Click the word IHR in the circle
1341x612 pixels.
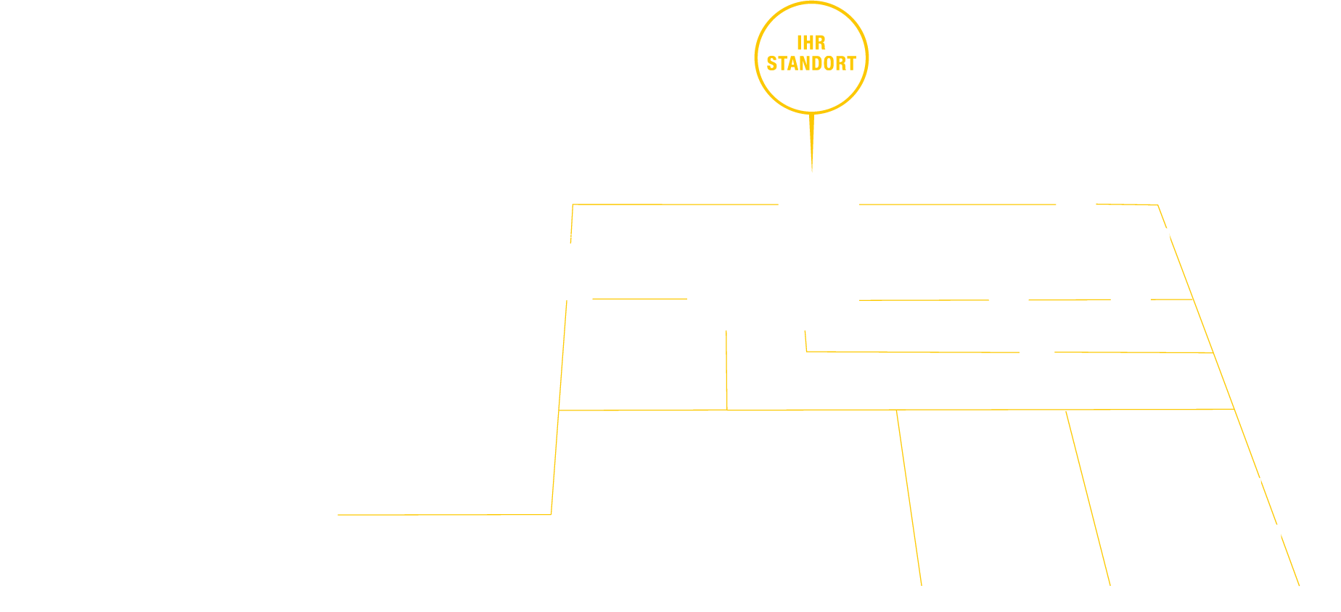pos(811,44)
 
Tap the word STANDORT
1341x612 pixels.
pos(811,64)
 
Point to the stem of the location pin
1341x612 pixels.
pos(811,141)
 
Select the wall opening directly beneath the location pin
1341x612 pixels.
pos(819,204)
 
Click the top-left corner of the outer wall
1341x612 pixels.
pos(573,204)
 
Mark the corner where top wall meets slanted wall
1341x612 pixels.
pos(1157,205)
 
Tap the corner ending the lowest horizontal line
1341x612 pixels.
pos(551,514)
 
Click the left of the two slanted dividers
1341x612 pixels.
pos(909,497)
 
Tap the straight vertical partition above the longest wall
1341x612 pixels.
pos(726,370)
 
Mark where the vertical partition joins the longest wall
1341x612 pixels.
pos(727,410)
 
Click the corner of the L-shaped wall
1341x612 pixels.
pos(806,352)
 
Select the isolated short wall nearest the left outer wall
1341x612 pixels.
pos(639,298)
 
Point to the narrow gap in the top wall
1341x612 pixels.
pos(1075,204)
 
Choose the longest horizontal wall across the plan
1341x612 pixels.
pos(980,410)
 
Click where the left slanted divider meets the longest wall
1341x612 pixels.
pos(897,410)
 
